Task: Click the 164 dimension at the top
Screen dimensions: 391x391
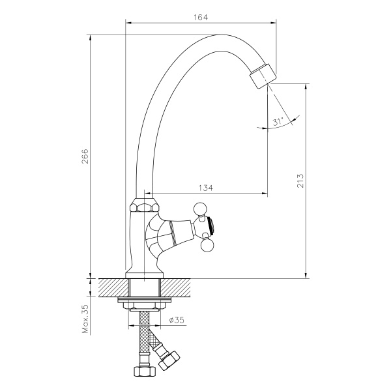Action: click(200, 18)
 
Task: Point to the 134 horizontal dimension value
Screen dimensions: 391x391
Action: click(205, 188)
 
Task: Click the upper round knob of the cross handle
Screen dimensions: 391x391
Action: click(201, 210)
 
